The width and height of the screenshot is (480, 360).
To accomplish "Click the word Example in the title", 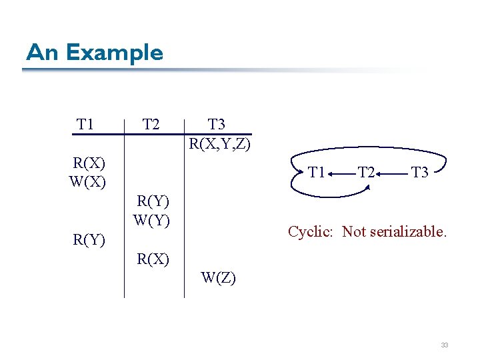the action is [115, 53].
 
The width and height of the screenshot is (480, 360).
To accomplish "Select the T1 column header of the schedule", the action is [85, 125].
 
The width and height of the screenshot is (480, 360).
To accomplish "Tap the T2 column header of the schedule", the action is [151, 125].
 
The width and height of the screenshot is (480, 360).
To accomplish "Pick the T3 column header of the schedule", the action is [217, 124].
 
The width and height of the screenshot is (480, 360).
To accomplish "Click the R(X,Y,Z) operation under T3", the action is [220, 143].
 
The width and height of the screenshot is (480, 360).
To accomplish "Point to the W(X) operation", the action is [87, 181].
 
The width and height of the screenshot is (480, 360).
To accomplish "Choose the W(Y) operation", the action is [152, 219].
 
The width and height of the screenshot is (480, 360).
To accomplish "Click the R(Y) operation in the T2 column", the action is [153, 201].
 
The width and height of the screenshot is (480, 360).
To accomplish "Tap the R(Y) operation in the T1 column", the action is [89, 239].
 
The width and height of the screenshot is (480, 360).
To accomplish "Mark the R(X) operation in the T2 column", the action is [153, 258].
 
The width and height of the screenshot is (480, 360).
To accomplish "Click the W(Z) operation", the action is [218, 278].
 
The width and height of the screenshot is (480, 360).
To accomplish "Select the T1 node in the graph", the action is [317, 173].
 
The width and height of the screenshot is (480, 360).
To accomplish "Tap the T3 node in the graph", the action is [419, 173].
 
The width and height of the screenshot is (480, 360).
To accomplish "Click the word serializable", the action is [410, 232].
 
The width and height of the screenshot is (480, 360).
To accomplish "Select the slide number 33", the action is [444, 345].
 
